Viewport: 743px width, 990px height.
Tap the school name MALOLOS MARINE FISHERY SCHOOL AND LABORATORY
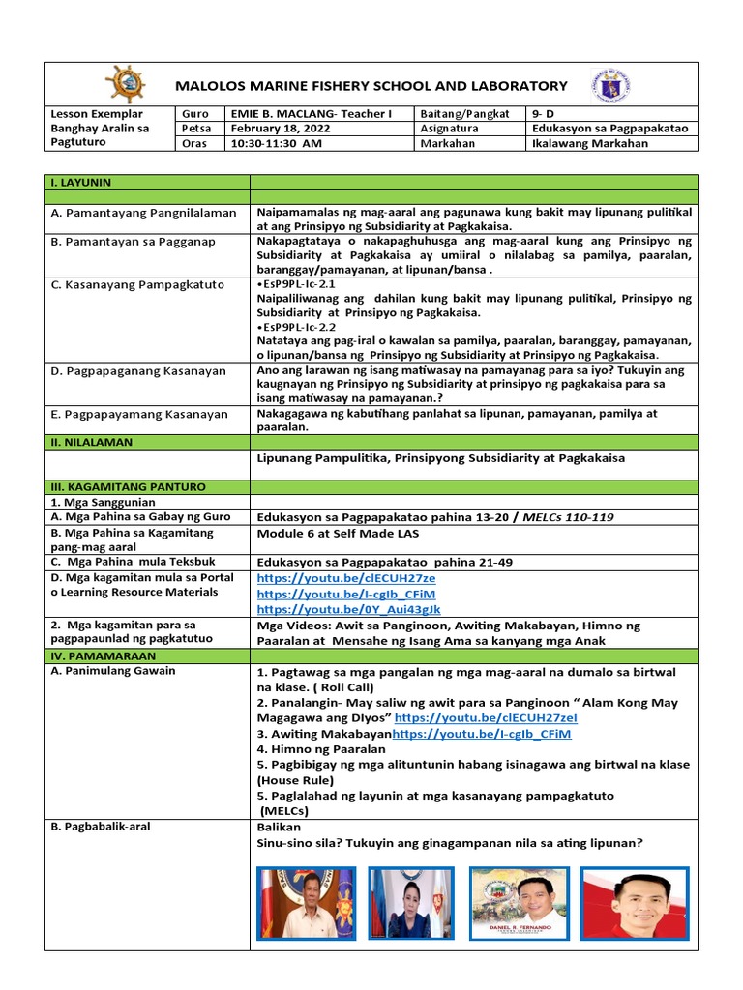pos(371,86)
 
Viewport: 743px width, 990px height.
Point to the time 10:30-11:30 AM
pos(276,144)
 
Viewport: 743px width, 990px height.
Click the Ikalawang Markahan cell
pos(590,144)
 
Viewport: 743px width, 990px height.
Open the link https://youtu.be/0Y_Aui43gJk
pos(348,609)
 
